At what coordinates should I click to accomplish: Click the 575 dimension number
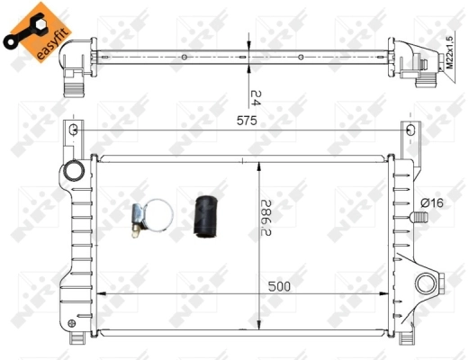pyautogui.click(x=247, y=121)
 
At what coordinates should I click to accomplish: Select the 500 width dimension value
pyautogui.click(x=279, y=286)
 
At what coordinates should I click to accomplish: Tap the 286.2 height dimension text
pyautogui.click(x=266, y=218)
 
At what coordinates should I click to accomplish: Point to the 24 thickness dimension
pyautogui.click(x=255, y=98)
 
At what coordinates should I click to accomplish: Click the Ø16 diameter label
pyautogui.click(x=432, y=203)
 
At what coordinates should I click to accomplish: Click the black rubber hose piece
pyautogui.click(x=206, y=217)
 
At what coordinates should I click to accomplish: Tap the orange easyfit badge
pyautogui.click(x=38, y=32)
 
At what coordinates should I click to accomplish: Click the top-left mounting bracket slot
pyautogui.click(x=74, y=130)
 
